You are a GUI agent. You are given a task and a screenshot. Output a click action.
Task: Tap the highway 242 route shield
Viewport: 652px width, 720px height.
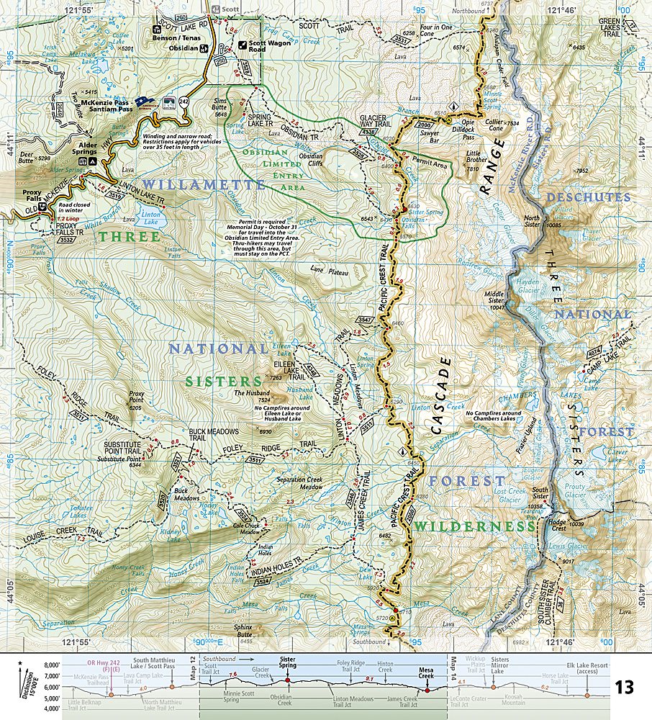point(184,102)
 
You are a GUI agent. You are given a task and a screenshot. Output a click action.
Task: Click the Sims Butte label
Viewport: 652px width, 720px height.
point(220,108)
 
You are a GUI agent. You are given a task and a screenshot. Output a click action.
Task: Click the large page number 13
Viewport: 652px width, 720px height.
point(625,687)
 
